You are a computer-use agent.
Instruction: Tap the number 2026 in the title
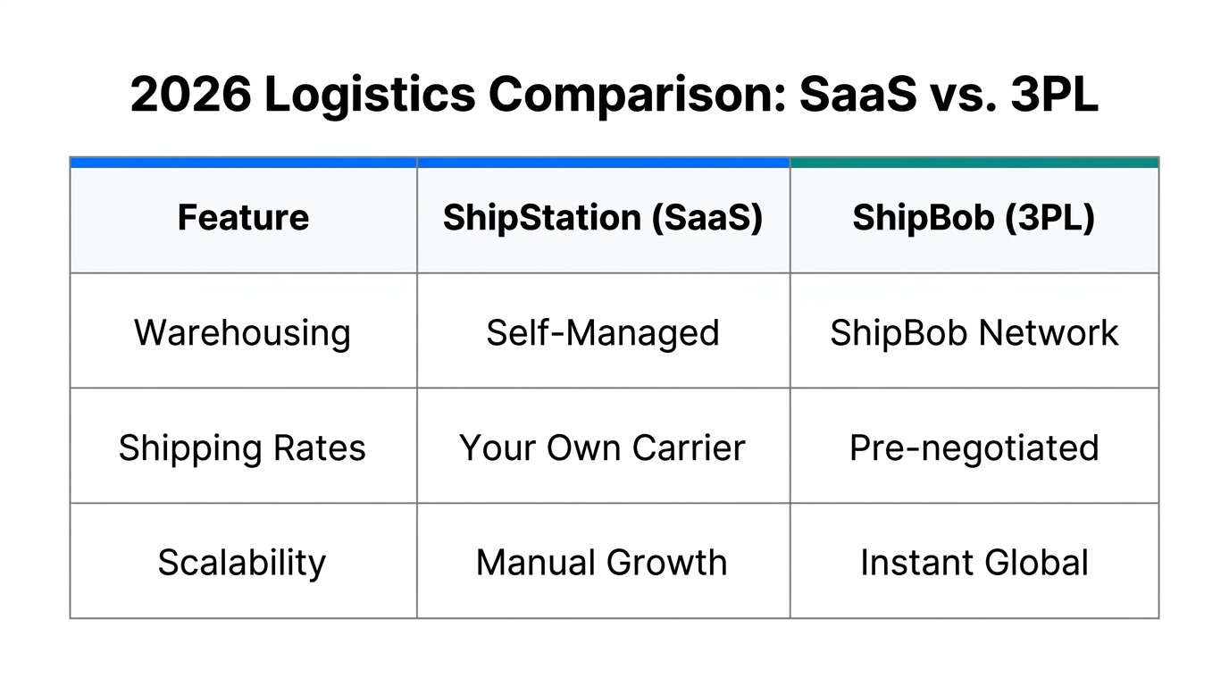[x=190, y=95]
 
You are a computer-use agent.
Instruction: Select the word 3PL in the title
[x=1054, y=95]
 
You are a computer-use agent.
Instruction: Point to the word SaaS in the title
[x=857, y=95]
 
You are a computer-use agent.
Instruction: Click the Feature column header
[x=243, y=218]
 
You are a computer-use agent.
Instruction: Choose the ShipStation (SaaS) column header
[x=603, y=218]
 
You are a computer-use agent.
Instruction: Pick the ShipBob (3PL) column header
[x=974, y=218]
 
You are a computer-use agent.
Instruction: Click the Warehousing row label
[x=243, y=333]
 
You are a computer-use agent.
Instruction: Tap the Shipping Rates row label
[x=243, y=448]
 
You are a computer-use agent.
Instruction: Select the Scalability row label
[x=243, y=563]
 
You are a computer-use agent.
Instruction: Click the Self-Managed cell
[x=603, y=333]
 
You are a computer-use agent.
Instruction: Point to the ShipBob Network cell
[x=974, y=333]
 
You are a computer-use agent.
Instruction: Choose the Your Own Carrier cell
[x=603, y=448]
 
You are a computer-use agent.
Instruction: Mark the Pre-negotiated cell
[x=974, y=448]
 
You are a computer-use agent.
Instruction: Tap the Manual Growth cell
[x=603, y=563]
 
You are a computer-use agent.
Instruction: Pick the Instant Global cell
[x=974, y=563]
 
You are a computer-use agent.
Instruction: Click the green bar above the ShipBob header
[x=974, y=163]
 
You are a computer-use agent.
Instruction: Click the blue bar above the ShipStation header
[x=603, y=163]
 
